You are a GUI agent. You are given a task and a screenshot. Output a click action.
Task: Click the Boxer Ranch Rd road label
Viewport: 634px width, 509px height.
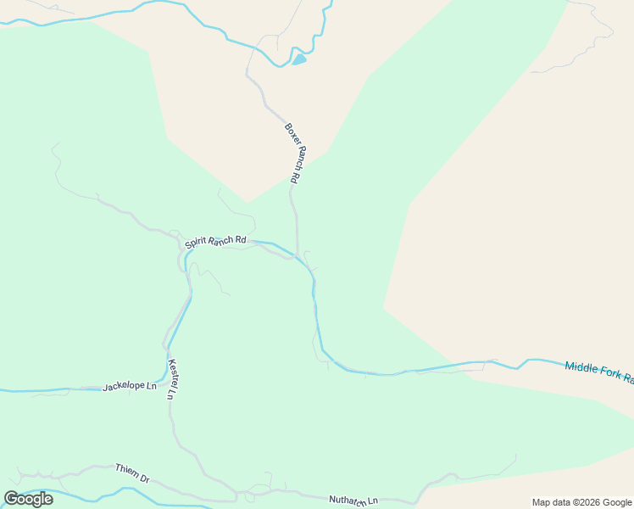click(x=292, y=154)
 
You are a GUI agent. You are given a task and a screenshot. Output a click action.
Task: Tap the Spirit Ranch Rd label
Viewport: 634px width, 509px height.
click(x=215, y=243)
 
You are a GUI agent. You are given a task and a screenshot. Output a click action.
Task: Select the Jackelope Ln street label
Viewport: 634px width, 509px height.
click(x=130, y=387)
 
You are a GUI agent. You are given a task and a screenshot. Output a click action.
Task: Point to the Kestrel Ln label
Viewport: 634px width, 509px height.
click(x=175, y=378)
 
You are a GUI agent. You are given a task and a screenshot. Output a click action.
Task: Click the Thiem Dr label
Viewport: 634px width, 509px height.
click(x=132, y=473)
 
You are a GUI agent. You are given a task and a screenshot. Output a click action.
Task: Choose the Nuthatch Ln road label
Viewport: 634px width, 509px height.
click(x=353, y=501)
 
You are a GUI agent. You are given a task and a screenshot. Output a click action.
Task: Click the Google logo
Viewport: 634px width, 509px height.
click(x=28, y=499)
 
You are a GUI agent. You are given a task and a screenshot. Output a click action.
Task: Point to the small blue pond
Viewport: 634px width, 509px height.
click(x=298, y=60)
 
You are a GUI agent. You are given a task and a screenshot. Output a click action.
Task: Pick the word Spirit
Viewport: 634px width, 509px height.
click(x=196, y=244)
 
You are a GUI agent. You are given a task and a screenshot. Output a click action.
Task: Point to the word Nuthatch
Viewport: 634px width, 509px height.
click(x=348, y=501)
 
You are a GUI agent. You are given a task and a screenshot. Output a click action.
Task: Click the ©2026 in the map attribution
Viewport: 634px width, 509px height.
click(x=586, y=502)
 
